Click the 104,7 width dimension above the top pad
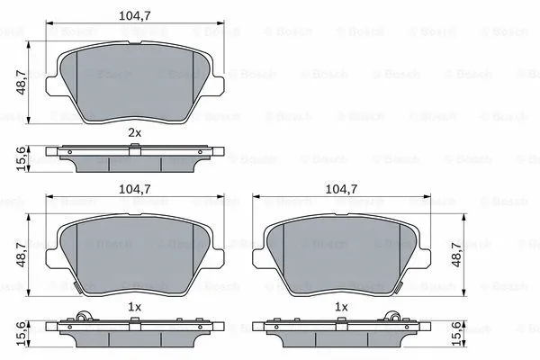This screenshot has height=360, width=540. click(135, 15)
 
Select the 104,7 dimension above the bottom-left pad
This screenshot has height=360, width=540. click(135, 190)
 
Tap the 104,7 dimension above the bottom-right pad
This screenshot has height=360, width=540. click(340, 190)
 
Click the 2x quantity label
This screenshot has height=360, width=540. click(135, 132)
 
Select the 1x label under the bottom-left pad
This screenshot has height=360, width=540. click(135, 307)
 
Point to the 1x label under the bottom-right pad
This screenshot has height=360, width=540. click(340, 307)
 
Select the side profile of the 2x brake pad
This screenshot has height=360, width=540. click(135, 157)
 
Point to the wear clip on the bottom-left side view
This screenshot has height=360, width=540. click(84, 316)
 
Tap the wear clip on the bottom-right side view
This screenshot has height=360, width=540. click(391, 316)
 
